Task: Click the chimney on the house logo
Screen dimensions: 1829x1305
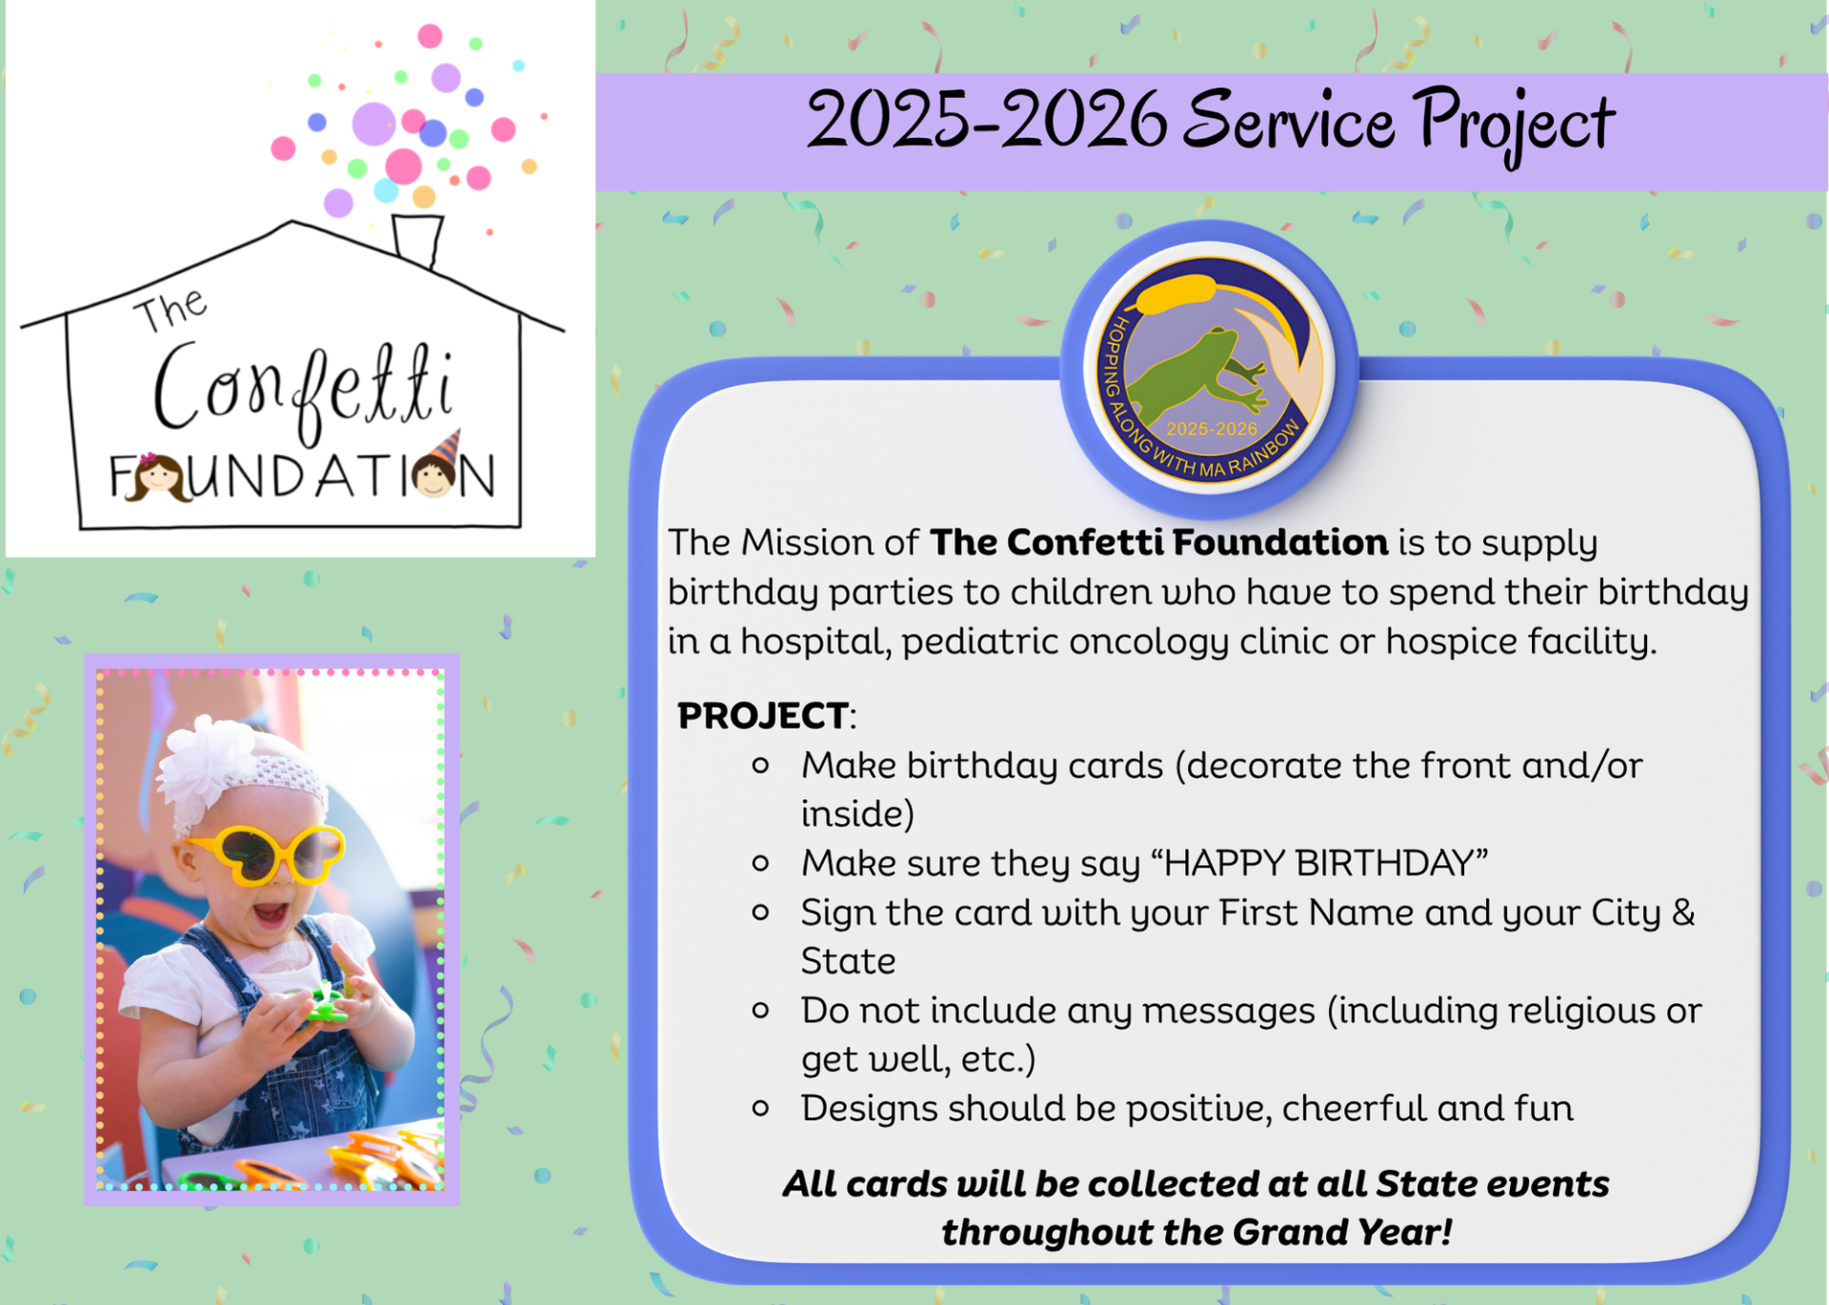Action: point(418,239)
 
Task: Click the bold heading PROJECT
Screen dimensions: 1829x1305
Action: point(762,715)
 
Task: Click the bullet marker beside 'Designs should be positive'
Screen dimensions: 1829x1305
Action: point(760,1108)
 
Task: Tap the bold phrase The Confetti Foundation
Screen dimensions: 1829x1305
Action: point(1158,542)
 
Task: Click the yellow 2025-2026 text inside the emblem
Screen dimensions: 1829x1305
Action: point(1212,430)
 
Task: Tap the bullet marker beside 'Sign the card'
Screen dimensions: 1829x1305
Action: point(760,913)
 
